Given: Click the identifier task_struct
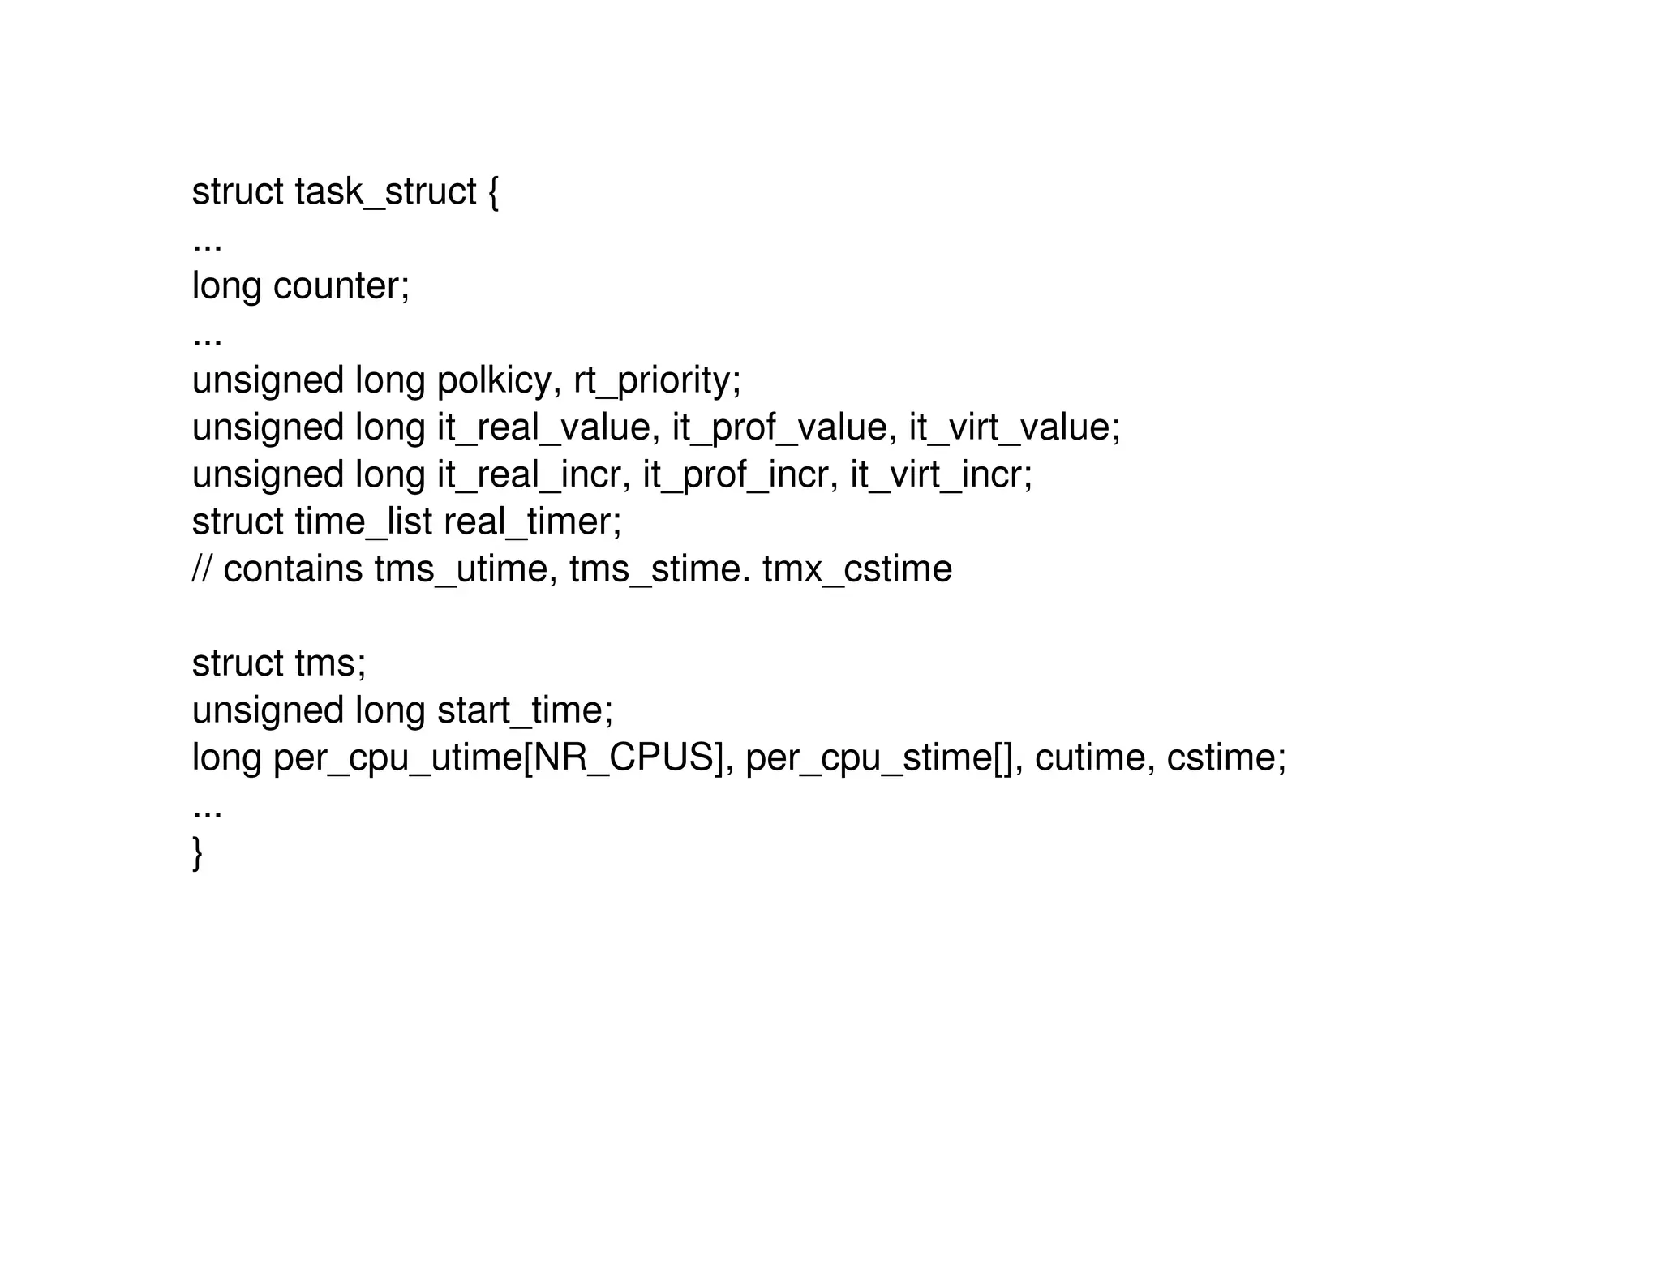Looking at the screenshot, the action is point(385,192).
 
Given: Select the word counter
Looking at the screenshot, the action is point(341,286).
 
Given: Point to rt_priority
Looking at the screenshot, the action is point(656,380).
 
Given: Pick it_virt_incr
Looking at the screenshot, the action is point(941,474).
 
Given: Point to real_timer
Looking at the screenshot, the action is point(532,521).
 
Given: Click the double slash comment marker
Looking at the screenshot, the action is point(202,569).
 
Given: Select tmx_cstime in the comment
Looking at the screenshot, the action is point(857,569).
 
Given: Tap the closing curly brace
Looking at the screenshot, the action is point(197,852).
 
